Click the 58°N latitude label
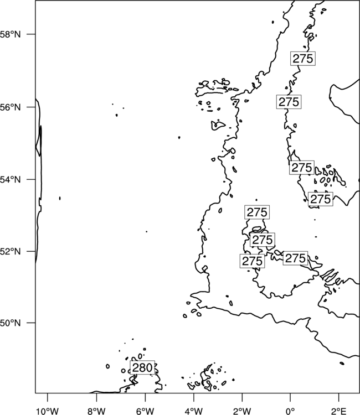point(10,34)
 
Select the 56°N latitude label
point(10,107)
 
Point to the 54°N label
point(10,179)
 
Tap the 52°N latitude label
point(10,251)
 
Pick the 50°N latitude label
point(10,323)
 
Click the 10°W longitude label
point(48,411)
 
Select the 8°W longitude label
point(96,411)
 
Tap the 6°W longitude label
point(145,411)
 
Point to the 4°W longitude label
point(194,411)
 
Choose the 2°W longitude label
point(242,411)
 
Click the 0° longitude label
point(291,411)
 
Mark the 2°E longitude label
point(339,411)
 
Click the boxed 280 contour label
point(142,367)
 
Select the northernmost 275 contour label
point(303,59)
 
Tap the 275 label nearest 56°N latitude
point(289,102)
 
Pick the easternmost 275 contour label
point(321,199)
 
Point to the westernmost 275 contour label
point(252,261)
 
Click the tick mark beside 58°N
point(31,34)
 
